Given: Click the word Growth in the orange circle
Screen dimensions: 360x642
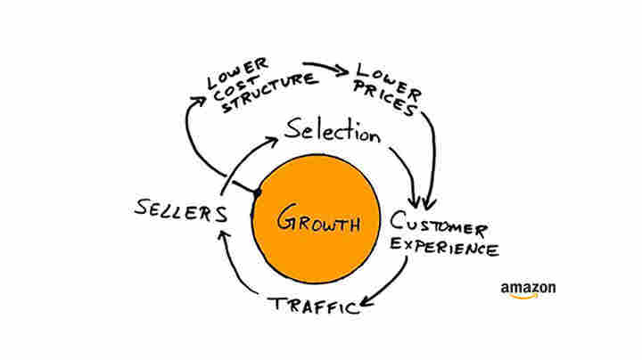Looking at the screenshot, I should coord(317,220).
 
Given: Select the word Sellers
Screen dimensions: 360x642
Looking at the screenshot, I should coord(179,210).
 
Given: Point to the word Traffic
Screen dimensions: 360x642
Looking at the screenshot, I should coord(314,306).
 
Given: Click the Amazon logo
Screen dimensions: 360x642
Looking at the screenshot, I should coord(528,290).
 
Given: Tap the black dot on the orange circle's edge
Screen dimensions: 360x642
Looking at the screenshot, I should coord(257,192).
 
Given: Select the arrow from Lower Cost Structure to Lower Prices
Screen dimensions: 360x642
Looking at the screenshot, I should coord(325,68).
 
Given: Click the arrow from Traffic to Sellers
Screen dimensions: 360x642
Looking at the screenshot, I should coord(235,267).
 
